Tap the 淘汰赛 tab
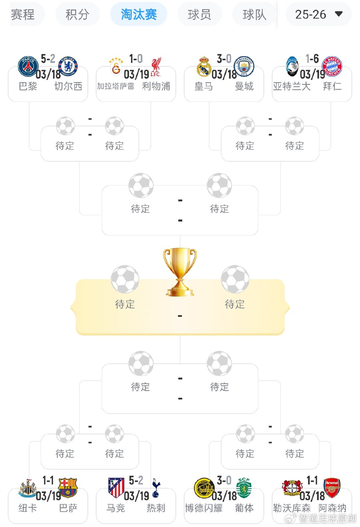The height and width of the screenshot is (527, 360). click(x=139, y=14)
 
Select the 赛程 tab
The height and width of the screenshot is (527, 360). click(x=23, y=14)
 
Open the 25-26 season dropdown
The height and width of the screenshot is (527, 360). click(x=318, y=14)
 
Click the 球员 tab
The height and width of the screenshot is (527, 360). click(x=199, y=14)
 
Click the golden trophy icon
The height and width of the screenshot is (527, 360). click(x=180, y=271)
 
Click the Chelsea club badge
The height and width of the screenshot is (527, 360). click(x=68, y=67)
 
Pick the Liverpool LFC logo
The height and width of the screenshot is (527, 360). click(x=155, y=67)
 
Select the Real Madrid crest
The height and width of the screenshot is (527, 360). click(x=204, y=67)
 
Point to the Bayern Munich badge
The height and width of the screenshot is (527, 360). click(x=332, y=67)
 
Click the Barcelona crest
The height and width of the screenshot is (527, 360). click(x=68, y=487)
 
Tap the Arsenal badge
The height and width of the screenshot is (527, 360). click(x=332, y=487)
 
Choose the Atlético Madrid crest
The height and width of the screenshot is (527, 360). click(x=116, y=487)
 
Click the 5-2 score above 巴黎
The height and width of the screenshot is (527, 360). click(x=48, y=60)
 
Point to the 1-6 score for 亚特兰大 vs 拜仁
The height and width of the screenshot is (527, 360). click(x=312, y=60)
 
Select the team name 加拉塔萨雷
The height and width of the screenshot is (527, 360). click(x=116, y=86)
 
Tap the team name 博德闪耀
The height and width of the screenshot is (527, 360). click(x=204, y=508)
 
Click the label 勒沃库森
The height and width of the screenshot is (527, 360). click(x=292, y=508)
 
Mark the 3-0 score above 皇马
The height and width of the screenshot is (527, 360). click(x=224, y=60)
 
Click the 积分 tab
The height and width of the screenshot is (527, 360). click(x=77, y=14)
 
